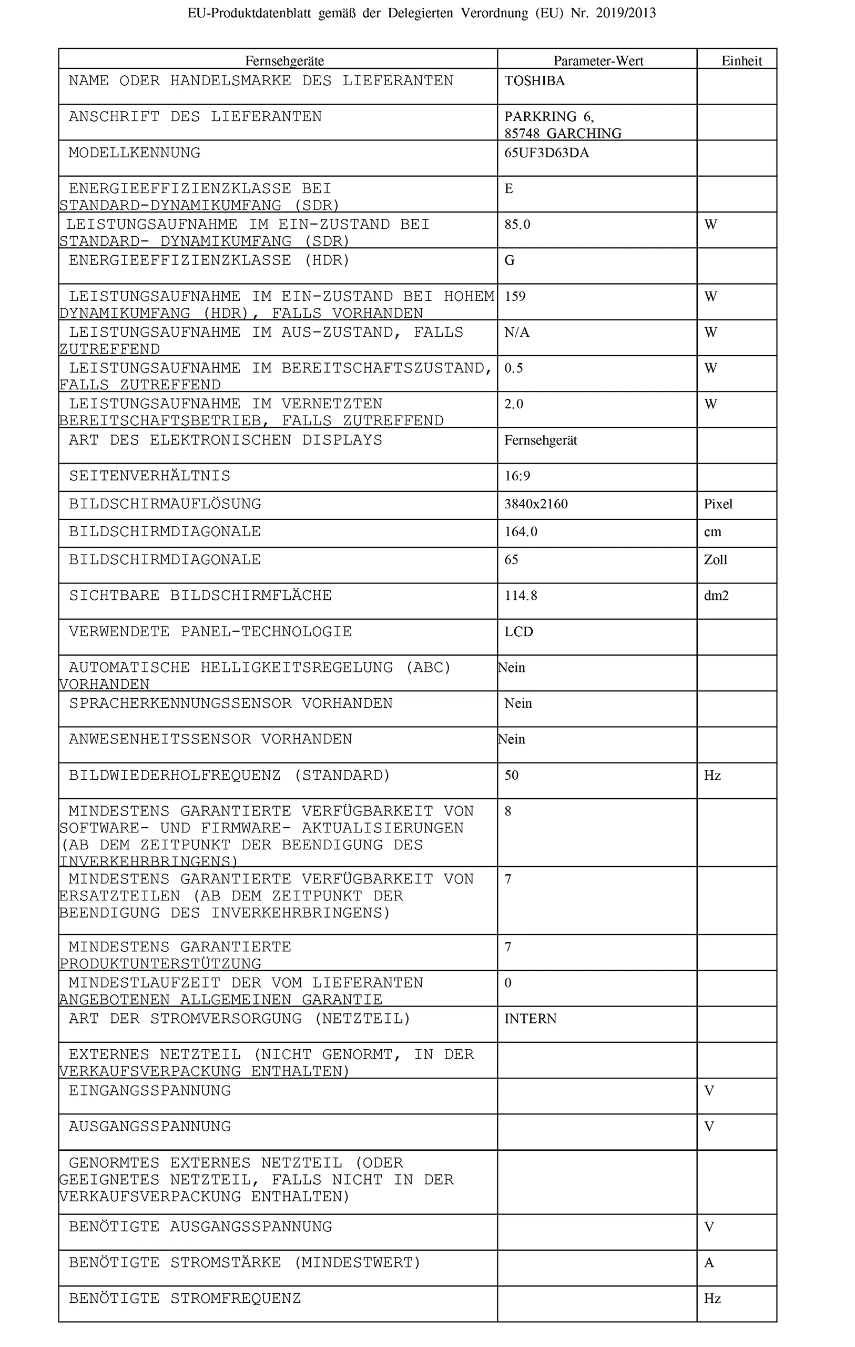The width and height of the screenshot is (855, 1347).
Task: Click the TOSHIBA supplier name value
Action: [x=534, y=81]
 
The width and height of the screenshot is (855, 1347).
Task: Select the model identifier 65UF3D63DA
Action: [x=546, y=153]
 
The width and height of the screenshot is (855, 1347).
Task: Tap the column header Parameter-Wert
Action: [x=598, y=61]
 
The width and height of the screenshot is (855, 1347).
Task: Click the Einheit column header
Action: [x=741, y=61]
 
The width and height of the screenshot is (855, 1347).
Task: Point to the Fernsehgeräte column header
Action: [x=284, y=61]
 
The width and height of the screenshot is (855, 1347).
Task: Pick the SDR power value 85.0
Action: [x=517, y=225]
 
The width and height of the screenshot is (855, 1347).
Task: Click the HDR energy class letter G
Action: [x=509, y=260]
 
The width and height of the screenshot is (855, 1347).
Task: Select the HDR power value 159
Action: [x=514, y=296]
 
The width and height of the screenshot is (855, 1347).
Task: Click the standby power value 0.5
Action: [x=513, y=369]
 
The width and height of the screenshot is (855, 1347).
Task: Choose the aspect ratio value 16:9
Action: [x=517, y=476]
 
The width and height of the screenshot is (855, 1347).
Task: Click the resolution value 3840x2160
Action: [x=536, y=504]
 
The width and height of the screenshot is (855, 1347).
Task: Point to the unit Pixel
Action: [x=717, y=504]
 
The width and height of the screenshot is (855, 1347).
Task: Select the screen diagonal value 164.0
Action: [x=521, y=532]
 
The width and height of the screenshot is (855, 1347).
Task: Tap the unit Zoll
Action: [x=715, y=560]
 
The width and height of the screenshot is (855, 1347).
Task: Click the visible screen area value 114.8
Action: [x=521, y=596]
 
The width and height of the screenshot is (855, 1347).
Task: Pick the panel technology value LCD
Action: [x=518, y=632]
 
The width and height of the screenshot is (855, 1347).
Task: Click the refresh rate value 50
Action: [x=511, y=775]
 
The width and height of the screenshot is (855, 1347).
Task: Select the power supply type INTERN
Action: [x=530, y=1019]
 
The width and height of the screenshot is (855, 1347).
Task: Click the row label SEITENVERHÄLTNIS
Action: [x=149, y=476]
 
